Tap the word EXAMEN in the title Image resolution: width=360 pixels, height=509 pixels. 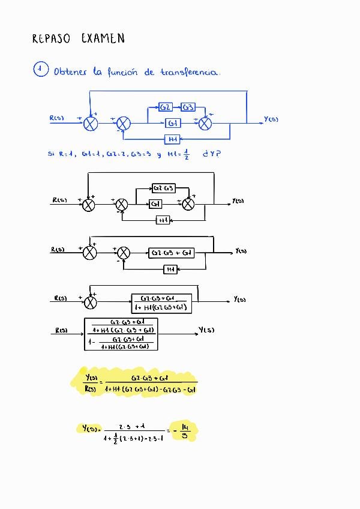pyautogui.click(x=103, y=38)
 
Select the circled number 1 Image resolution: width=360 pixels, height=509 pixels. pyautogui.click(x=40, y=70)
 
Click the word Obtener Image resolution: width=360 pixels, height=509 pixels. pyautogui.click(x=70, y=72)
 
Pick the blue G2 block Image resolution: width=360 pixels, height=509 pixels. pyautogui.click(x=166, y=107)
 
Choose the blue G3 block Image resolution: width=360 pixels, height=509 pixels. pyautogui.click(x=188, y=107)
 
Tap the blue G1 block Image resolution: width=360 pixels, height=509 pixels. pyautogui.click(x=173, y=123)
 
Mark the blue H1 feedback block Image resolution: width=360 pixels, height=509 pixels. pyautogui.click(x=173, y=139)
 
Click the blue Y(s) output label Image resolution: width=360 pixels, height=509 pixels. pyautogui.click(x=271, y=119)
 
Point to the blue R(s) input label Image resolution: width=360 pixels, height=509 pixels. pyautogui.click(x=56, y=118)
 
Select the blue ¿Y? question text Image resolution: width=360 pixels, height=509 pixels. pyautogui.click(x=212, y=154)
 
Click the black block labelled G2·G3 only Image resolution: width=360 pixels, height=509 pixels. pyautogui.click(x=164, y=188)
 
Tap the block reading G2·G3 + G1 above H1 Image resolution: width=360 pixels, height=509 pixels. pyautogui.click(x=171, y=253)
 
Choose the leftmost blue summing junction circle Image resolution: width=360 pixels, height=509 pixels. pyautogui.click(x=91, y=124)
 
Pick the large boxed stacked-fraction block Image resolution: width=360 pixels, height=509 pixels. pyautogui.click(x=121, y=334)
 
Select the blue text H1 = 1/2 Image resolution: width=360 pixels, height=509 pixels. pyautogui.click(x=178, y=154)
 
